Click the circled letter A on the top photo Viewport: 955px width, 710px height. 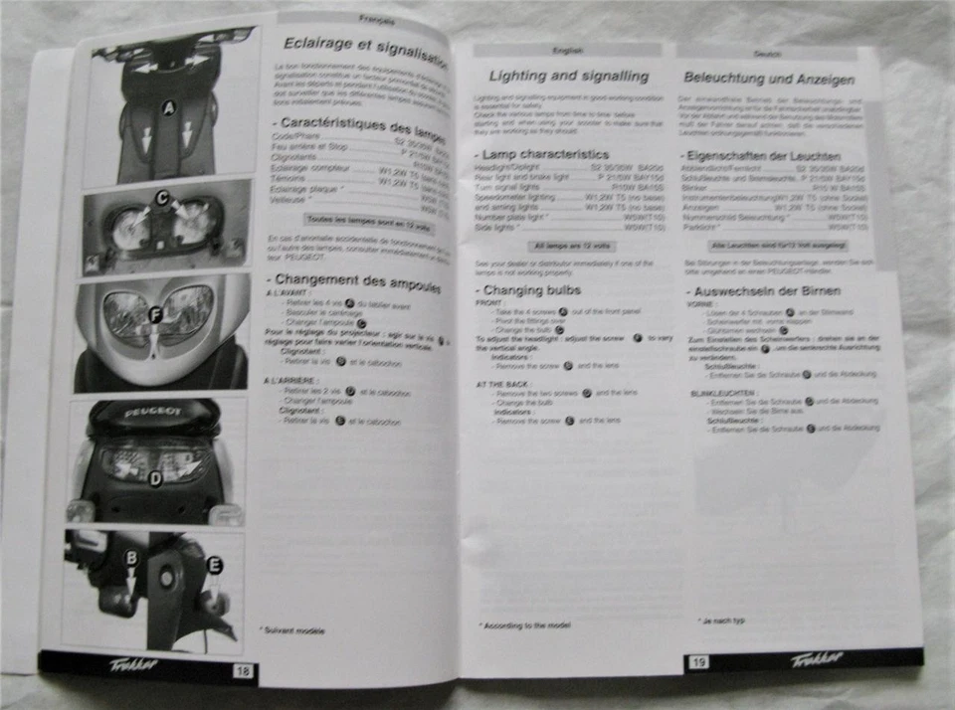168,108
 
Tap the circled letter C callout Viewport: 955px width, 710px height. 162,198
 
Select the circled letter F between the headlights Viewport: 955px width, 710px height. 155,316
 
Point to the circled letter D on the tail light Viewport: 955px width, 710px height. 154,478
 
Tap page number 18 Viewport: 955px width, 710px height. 242,670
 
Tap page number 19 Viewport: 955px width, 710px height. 698,661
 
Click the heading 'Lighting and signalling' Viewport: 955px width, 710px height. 568,77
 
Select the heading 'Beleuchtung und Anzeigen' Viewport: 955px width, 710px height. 767,78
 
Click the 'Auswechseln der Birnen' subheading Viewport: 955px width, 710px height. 764,291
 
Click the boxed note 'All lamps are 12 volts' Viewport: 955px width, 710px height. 573,244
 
